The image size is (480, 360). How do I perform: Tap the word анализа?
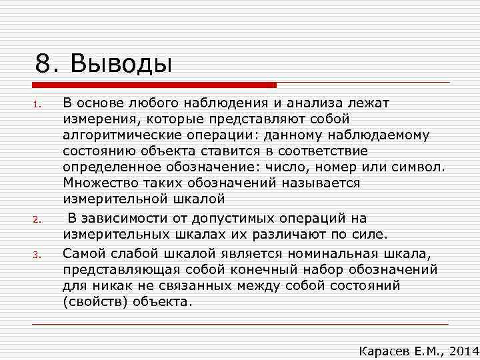(317, 103)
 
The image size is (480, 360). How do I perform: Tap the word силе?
(372, 235)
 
